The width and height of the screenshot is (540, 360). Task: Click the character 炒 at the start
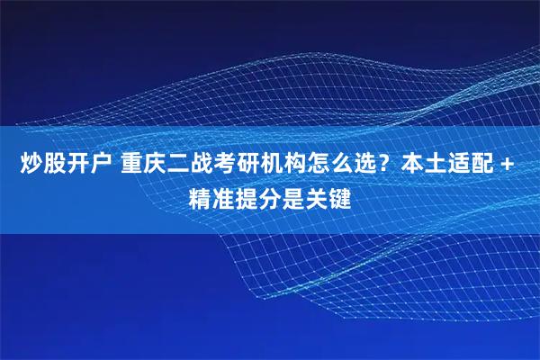(x=31, y=166)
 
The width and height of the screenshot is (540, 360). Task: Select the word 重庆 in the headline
(x=145, y=166)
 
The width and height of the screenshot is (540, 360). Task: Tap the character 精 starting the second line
(x=200, y=195)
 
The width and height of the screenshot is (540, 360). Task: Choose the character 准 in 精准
(x=223, y=195)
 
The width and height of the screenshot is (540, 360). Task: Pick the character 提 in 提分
(x=246, y=195)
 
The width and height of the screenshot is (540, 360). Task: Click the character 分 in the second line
(x=268, y=195)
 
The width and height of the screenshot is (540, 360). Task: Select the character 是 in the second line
(x=291, y=195)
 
